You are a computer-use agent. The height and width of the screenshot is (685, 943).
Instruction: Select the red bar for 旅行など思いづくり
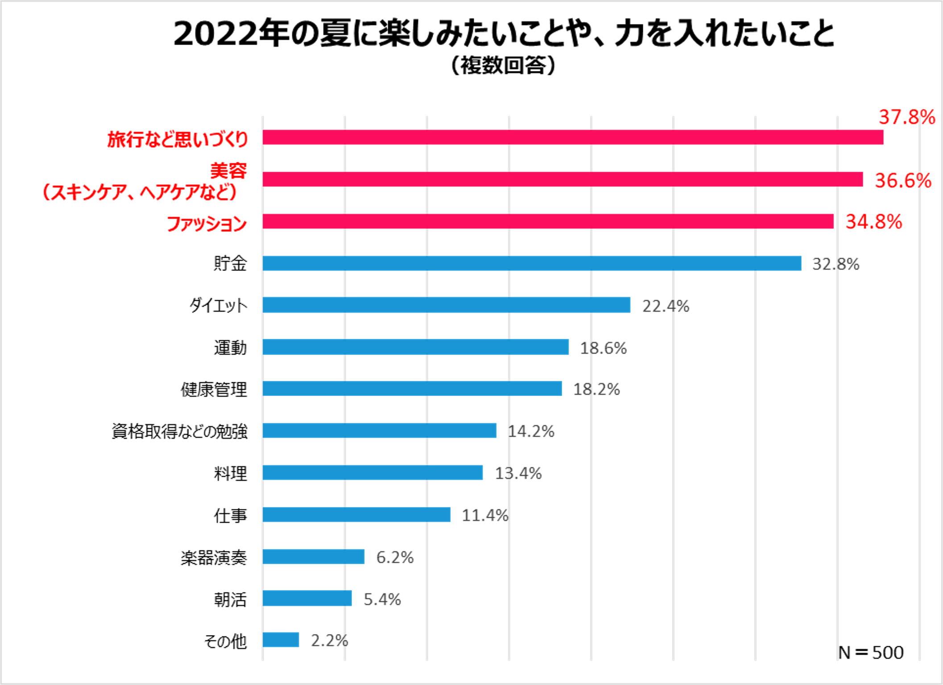pos(573,137)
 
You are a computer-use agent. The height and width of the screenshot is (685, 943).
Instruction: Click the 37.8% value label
pos(906,117)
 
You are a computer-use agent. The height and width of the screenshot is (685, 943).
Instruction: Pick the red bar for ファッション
pos(548,222)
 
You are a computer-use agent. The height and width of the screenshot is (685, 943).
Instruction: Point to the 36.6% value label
pos(903,181)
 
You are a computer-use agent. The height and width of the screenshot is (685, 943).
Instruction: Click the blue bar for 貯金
pos(532,264)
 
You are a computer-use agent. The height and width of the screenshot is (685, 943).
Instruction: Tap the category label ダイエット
pos(218,306)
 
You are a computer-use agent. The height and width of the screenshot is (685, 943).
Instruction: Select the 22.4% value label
pos(666,306)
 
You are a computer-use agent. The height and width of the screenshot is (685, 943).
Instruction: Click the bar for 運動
pos(415,347)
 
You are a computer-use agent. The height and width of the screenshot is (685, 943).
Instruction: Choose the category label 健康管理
pos(214,390)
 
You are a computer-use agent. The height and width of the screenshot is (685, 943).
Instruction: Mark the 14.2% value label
pos(531,431)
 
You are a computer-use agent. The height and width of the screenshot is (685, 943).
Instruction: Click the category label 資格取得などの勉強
pos(179,432)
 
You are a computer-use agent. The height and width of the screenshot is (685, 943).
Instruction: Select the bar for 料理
pos(372,473)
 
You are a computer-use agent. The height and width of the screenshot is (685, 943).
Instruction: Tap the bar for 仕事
pos(356,515)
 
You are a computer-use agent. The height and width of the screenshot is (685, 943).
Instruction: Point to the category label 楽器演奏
pos(214,558)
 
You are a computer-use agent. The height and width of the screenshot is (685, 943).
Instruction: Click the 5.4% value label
pos(382,599)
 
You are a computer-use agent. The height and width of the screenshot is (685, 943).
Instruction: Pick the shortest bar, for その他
pos(281,640)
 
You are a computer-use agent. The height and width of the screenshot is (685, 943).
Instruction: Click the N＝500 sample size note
pos(870,653)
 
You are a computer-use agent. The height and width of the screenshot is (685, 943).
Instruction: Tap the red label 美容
pos(228,171)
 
